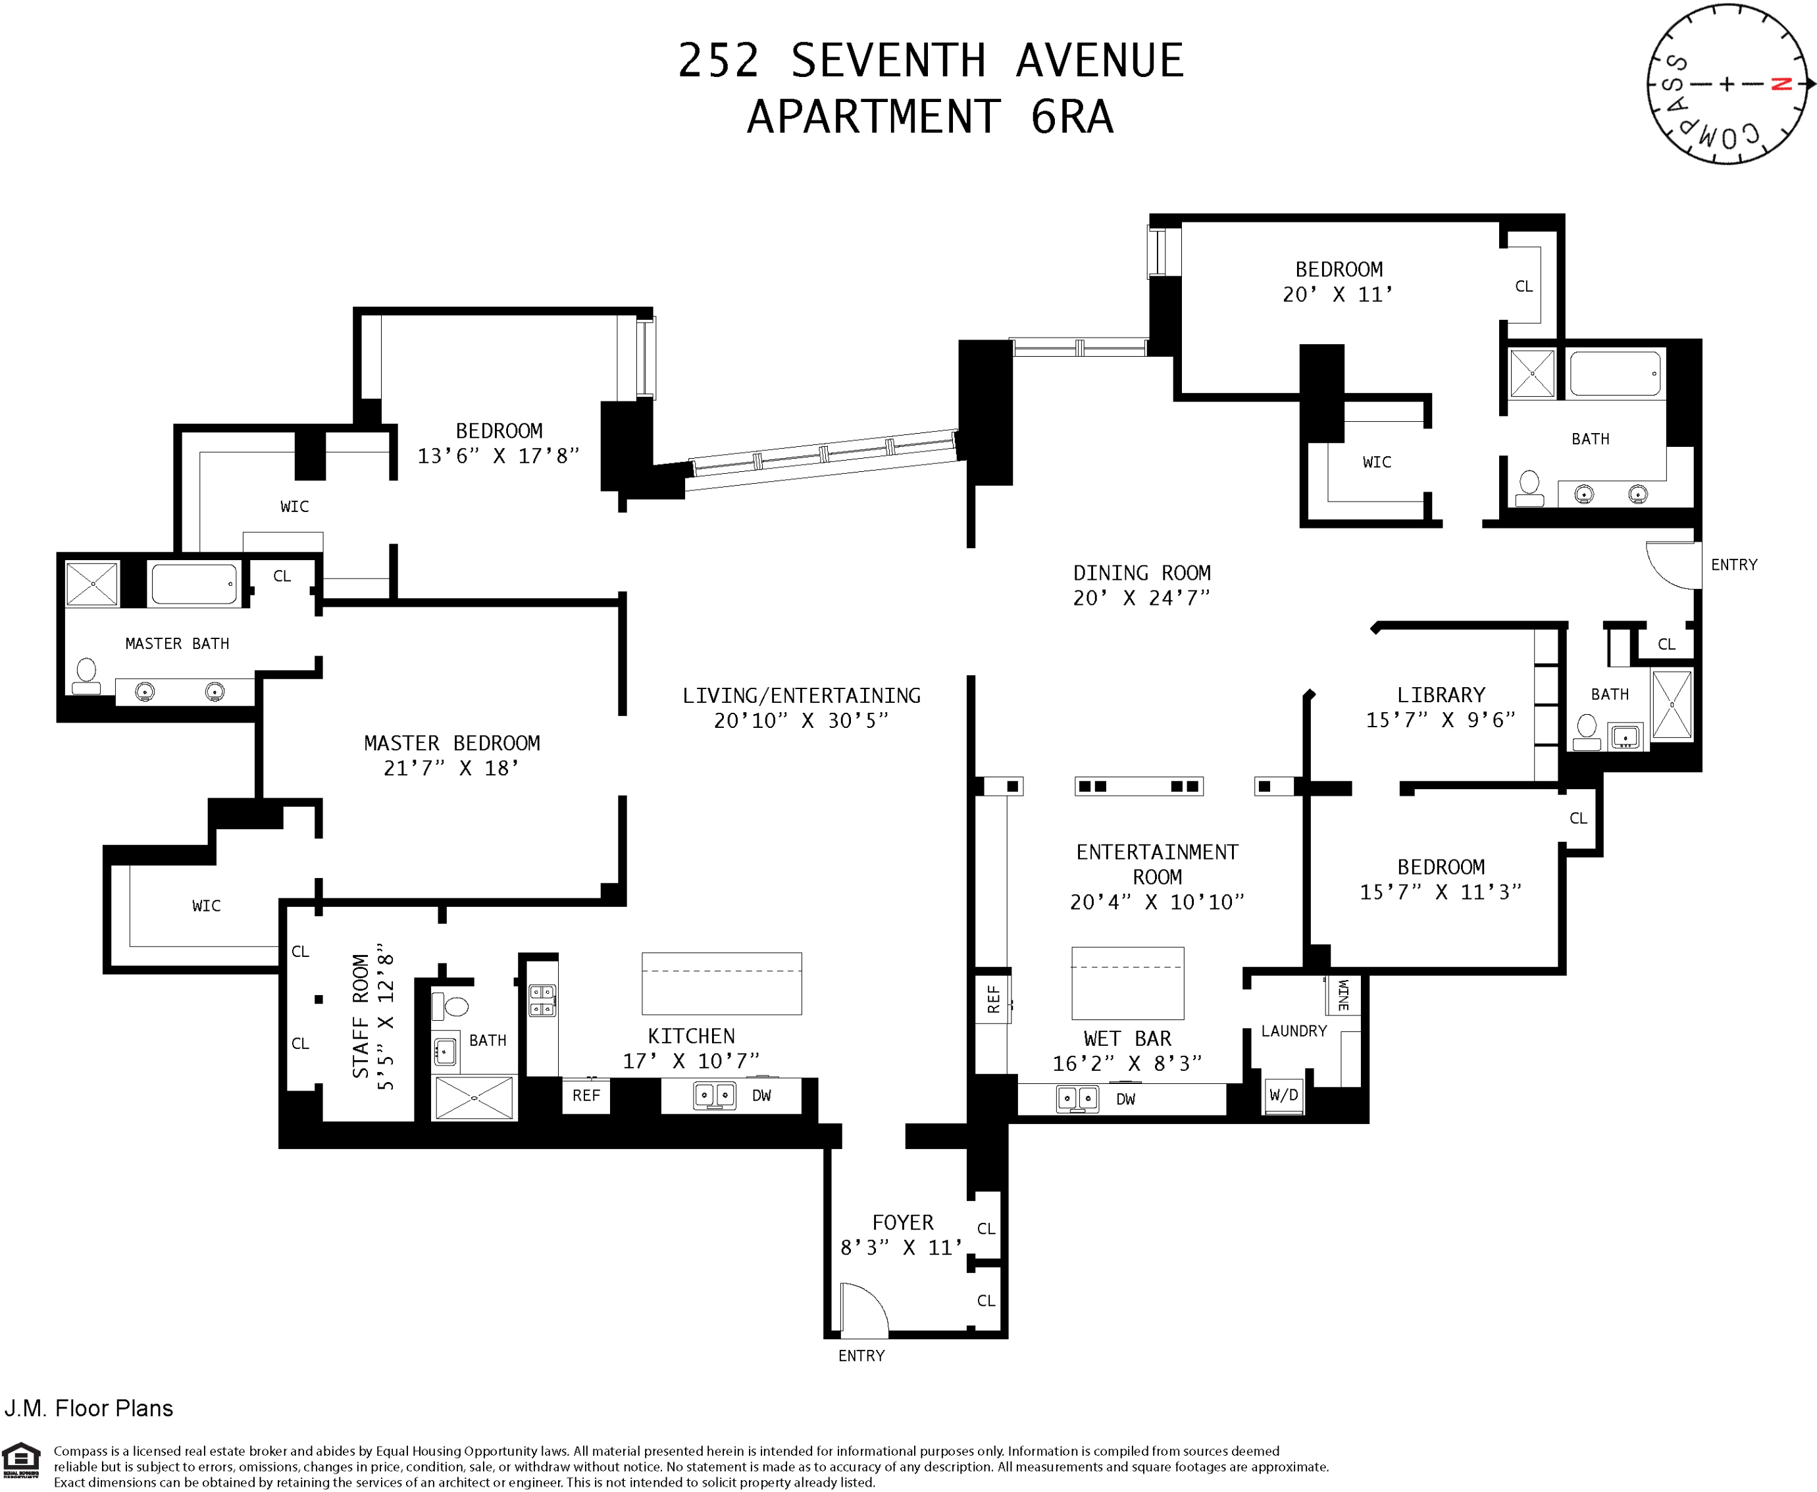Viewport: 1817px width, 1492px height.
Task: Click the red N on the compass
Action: (x=1781, y=84)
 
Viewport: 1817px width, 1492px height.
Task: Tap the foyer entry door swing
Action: (x=862, y=1309)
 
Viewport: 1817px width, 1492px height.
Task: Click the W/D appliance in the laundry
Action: (x=1283, y=1096)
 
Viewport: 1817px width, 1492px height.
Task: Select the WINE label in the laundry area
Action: (x=1343, y=994)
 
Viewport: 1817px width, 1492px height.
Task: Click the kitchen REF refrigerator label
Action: (x=586, y=1096)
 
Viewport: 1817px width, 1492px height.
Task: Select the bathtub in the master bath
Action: (x=194, y=584)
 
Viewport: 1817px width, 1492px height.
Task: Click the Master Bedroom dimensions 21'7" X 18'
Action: (x=451, y=768)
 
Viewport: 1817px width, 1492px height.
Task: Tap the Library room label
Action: (x=1441, y=694)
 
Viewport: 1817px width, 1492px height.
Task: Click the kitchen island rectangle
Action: (x=721, y=983)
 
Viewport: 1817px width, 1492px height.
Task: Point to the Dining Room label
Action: (x=1141, y=573)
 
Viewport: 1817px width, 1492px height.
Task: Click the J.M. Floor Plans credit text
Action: (x=89, y=1408)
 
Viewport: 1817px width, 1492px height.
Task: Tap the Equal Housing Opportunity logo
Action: (x=22, y=1460)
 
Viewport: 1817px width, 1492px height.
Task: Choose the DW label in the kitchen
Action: (x=761, y=1096)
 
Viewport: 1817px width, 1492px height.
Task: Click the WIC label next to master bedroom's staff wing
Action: (x=206, y=906)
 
